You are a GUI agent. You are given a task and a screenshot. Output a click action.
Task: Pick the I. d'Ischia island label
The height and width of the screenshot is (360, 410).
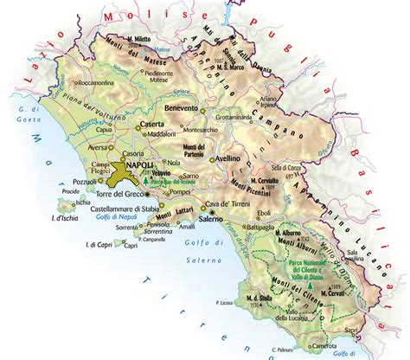[x=61, y=212]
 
